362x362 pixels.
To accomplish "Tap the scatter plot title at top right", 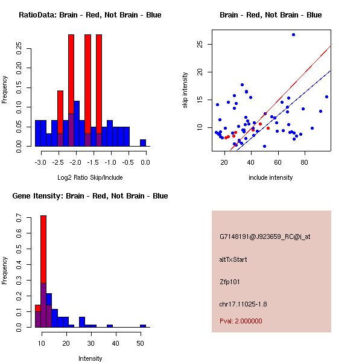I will click(x=270, y=15).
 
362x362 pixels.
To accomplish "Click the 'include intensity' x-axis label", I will click(x=271, y=177).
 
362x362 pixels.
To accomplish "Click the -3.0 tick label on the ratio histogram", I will click(x=40, y=162).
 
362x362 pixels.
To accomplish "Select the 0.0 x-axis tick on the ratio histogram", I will click(x=145, y=162).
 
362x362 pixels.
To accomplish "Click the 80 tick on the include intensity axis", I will click(x=303, y=162).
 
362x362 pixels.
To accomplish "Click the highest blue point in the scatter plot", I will click(x=293, y=34).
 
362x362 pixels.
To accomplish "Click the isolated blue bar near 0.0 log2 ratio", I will click(x=143, y=143).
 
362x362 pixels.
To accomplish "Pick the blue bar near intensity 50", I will click(x=143, y=326).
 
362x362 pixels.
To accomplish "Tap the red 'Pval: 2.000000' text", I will click(x=241, y=322).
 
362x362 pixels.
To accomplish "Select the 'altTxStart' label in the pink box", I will click(x=233, y=260).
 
